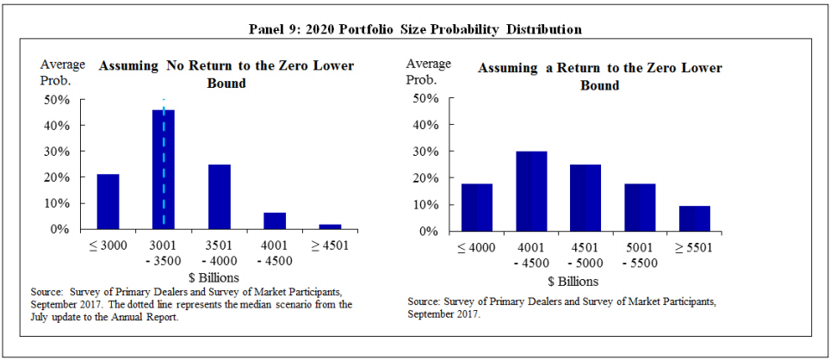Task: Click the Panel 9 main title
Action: pyautogui.click(x=415, y=29)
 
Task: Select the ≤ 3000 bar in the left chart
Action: pyautogui.click(x=108, y=202)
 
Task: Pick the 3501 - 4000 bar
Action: pyautogui.click(x=219, y=196)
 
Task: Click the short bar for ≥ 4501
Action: pyautogui.click(x=330, y=227)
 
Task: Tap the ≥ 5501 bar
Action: pyautogui.click(x=694, y=218)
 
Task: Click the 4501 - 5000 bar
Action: pyautogui.click(x=585, y=197)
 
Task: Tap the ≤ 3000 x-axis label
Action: pyautogui.click(x=108, y=245)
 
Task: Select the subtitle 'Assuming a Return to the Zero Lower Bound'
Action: pyautogui.click(x=599, y=77)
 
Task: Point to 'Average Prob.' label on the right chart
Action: pyautogui.click(x=428, y=71)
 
